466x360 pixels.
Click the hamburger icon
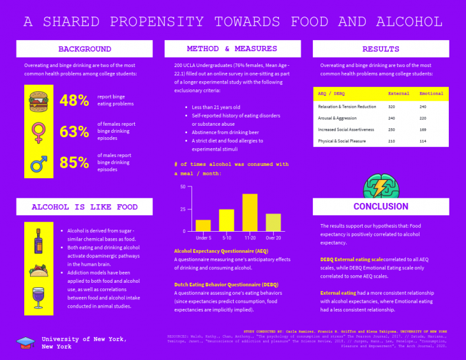point(38,101)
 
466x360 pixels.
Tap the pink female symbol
point(38,132)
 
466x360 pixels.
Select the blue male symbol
point(39,163)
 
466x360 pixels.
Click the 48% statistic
point(74,101)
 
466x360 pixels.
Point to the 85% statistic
point(74,163)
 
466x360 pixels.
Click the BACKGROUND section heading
point(84,49)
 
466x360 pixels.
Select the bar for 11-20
point(250,212)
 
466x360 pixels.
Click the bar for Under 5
point(203,225)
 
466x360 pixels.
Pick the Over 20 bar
point(273,222)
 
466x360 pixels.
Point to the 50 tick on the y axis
point(183,187)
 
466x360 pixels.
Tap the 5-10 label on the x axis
point(227,237)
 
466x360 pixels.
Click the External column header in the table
point(399,94)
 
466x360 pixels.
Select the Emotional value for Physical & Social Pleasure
point(423,140)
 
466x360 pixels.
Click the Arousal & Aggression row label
point(338,118)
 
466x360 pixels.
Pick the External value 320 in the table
point(391,107)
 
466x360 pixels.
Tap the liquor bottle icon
point(38,241)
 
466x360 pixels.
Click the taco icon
point(38,271)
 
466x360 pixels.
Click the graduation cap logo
point(26,342)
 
